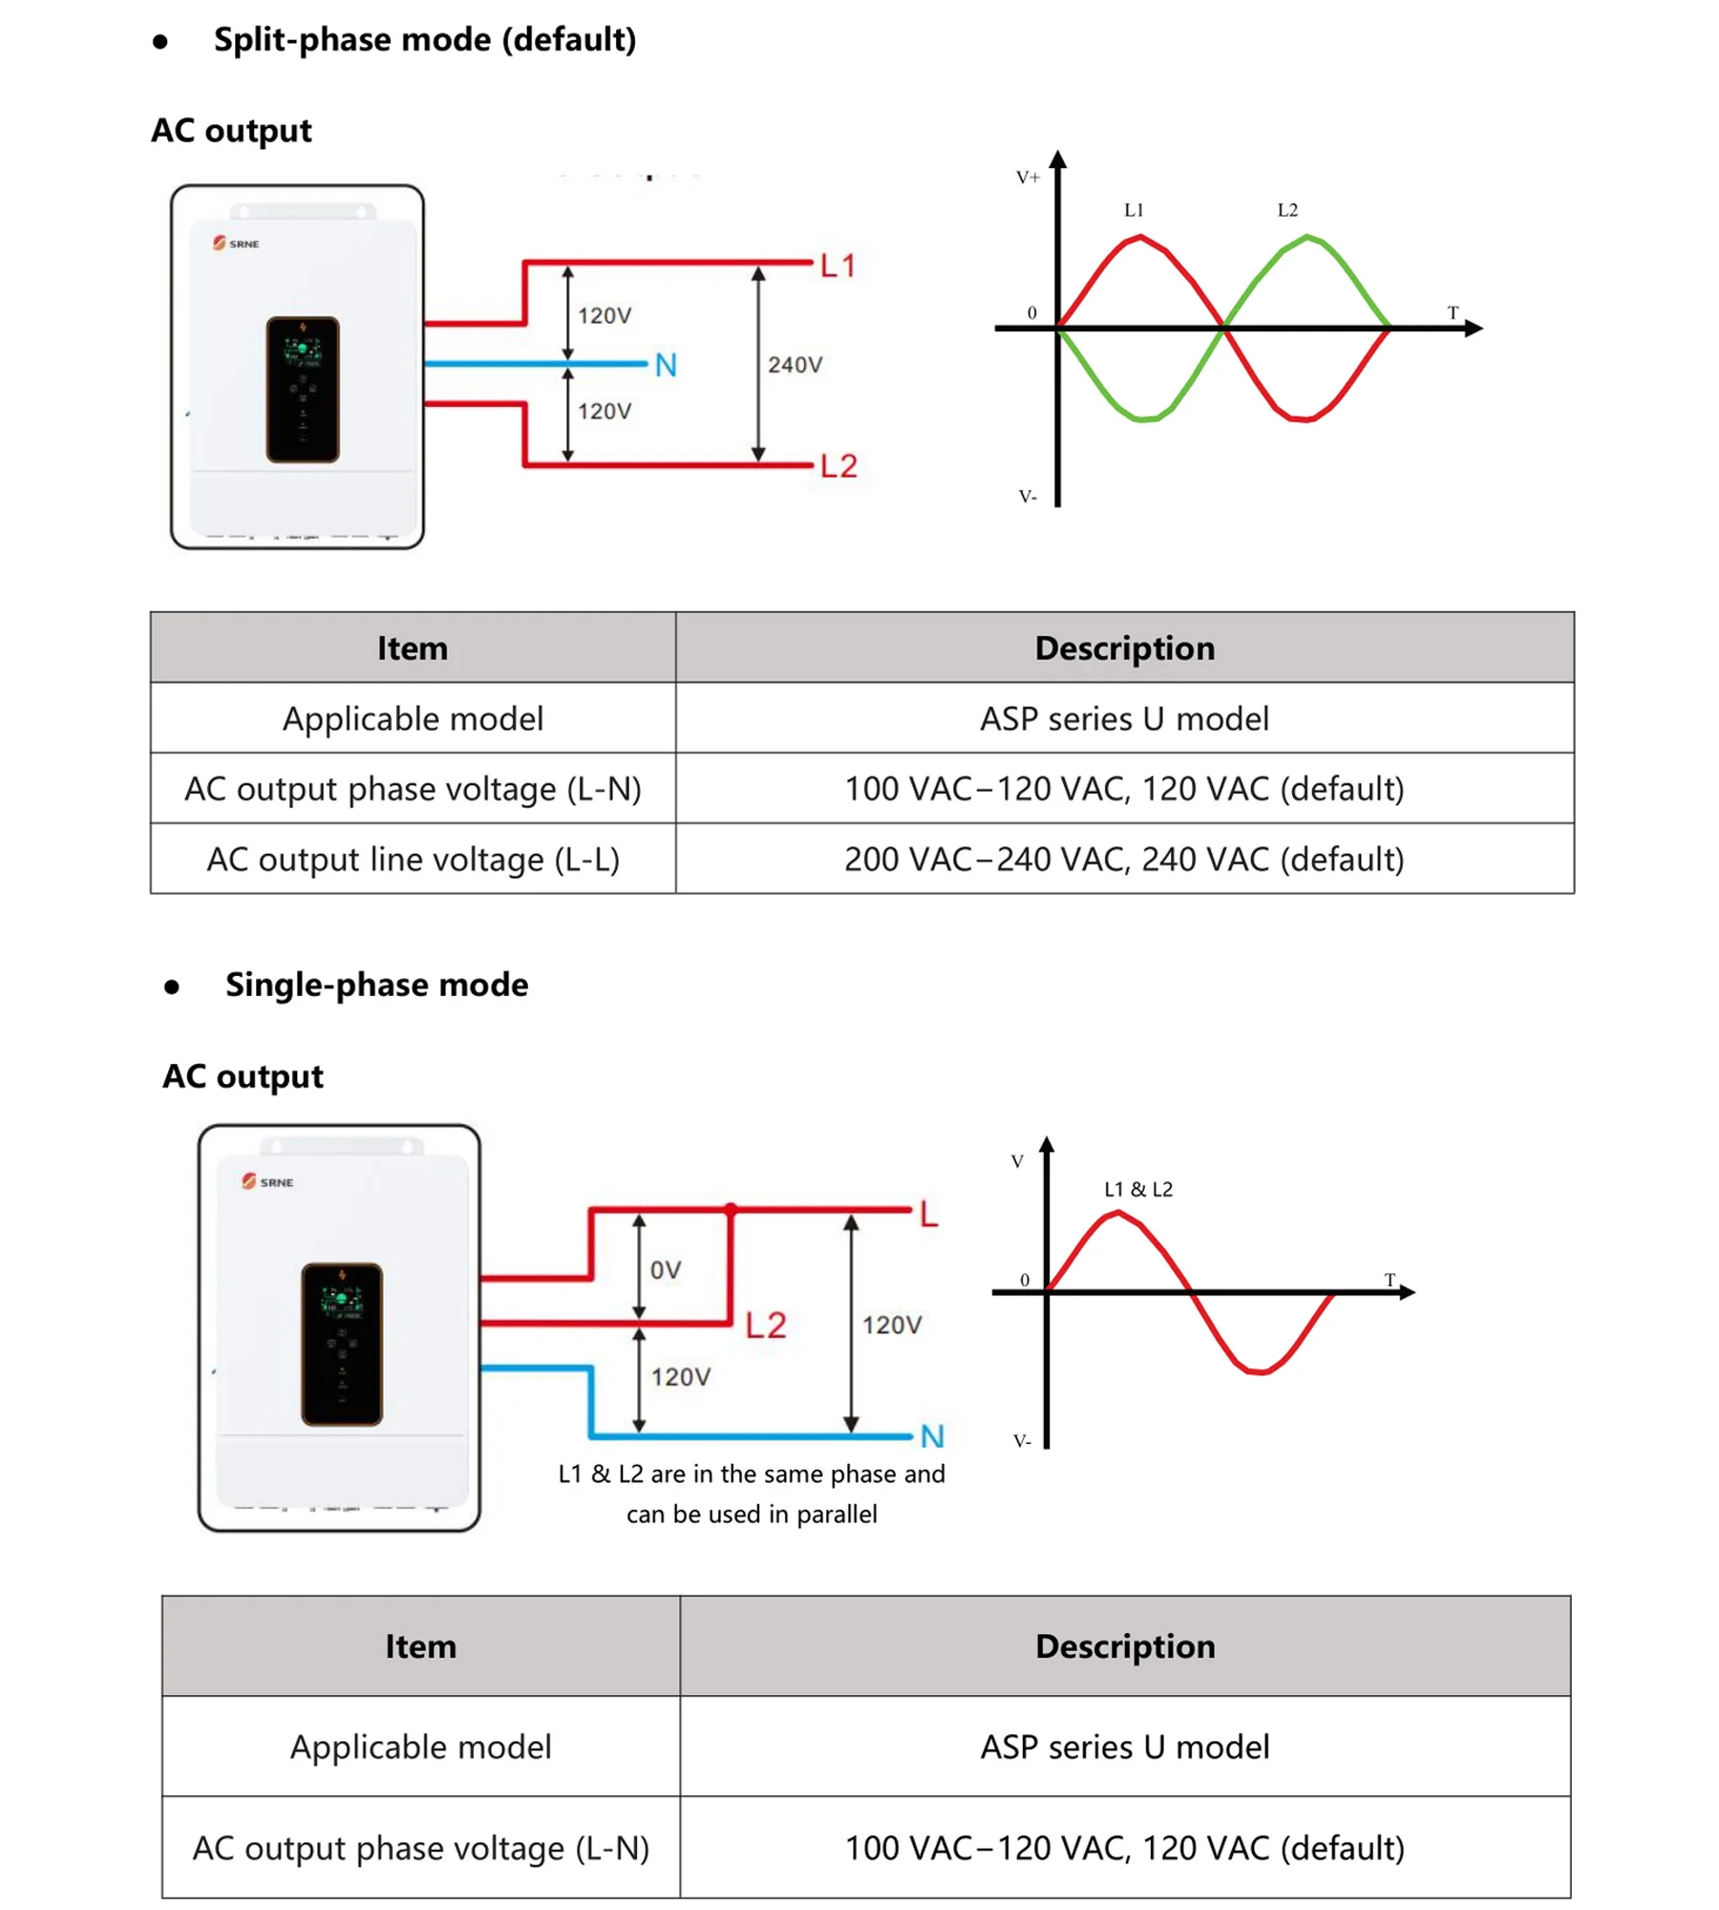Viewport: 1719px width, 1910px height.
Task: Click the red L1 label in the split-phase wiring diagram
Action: [837, 265]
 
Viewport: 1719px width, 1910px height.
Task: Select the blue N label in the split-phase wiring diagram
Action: [666, 365]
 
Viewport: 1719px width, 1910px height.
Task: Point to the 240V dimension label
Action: [795, 365]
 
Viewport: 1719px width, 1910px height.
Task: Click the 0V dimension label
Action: [666, 1269]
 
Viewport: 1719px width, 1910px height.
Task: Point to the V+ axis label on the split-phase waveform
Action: [1028, 178]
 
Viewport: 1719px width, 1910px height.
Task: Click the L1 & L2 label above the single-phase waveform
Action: [1137, 1189]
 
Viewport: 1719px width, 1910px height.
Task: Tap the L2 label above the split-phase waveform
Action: [1287, 210]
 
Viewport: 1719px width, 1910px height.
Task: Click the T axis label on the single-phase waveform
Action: [1390, 1280]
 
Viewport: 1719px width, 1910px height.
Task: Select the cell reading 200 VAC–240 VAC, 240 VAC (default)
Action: [1124, 859]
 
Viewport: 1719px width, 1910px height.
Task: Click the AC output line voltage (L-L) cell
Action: [413, 859]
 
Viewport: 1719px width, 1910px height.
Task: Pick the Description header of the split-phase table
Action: [1124, 647]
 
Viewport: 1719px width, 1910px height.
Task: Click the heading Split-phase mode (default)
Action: [424, 39]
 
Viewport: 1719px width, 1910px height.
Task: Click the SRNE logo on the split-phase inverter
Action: [236, 244]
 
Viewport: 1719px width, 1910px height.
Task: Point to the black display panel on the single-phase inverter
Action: [341, 1344]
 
